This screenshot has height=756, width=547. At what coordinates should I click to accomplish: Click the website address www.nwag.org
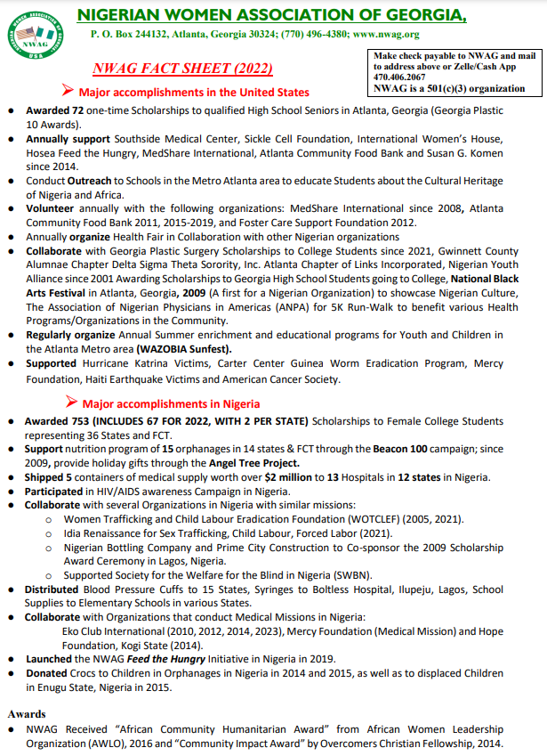(386, 35)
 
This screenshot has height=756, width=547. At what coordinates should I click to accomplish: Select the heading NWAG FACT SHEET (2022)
(182, 69)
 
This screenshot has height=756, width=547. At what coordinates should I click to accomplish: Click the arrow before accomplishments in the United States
(67, 91)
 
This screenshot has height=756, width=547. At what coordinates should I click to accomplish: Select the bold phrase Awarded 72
(53, 110)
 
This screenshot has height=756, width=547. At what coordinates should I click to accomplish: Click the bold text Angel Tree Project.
(254, 463)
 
